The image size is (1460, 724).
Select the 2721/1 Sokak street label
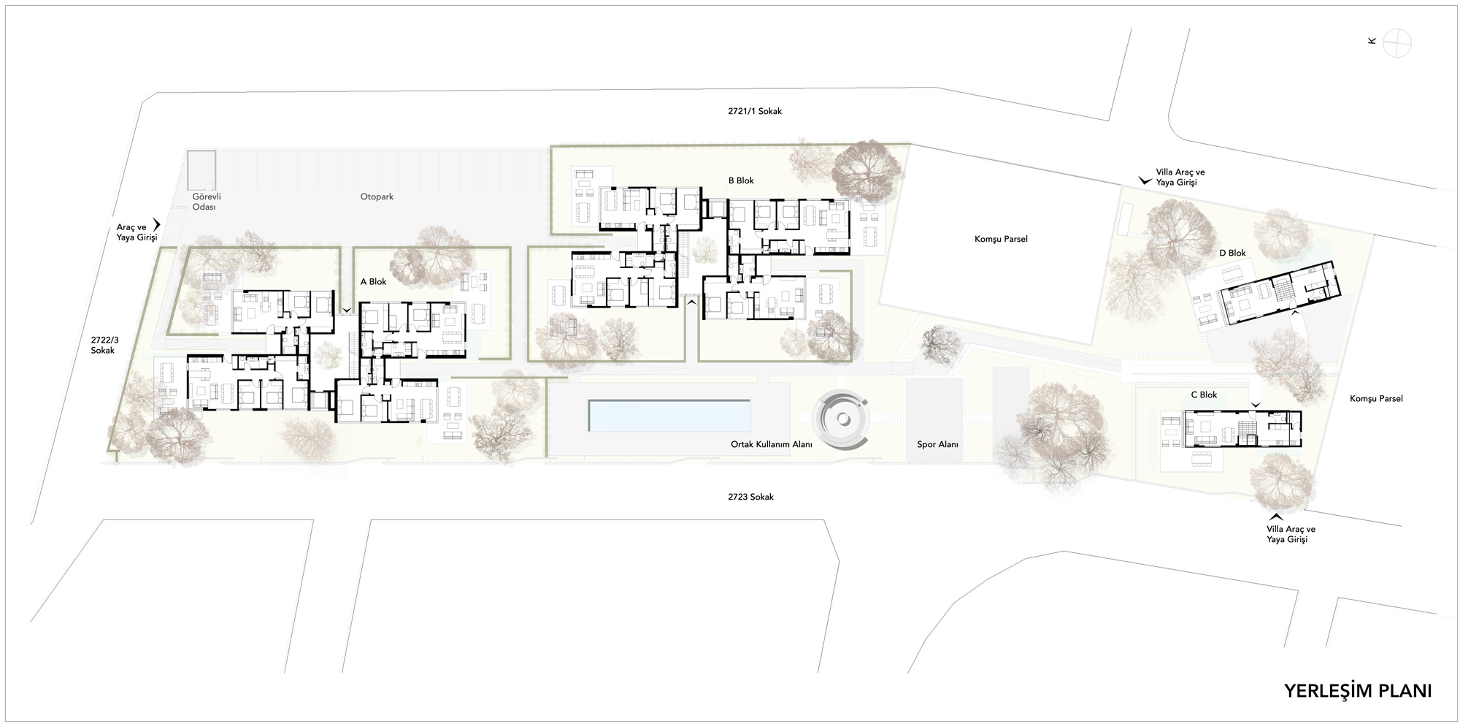(x=755, y=111)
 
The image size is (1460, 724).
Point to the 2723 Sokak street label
(x=750, y=497)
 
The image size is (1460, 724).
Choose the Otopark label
(x=377, y=197)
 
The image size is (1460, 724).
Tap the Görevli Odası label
(x=206, y=202)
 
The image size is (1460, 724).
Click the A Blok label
(x=373, y=281)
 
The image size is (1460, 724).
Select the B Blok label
(x=741, y=180)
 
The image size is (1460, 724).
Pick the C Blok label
(x=1204, y=395)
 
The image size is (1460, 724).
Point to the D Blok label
(x=1232, y=253)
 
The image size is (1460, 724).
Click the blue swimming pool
(x=669, y=415)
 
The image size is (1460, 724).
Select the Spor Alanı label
(x=937, y=444)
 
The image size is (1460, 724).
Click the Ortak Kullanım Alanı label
(x=772, y=444)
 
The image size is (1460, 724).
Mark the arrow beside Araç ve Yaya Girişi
(x=156, y=226)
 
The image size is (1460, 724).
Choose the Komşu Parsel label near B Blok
(x=1001, y=239)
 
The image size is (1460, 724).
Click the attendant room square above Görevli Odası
(x=201, y=169)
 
